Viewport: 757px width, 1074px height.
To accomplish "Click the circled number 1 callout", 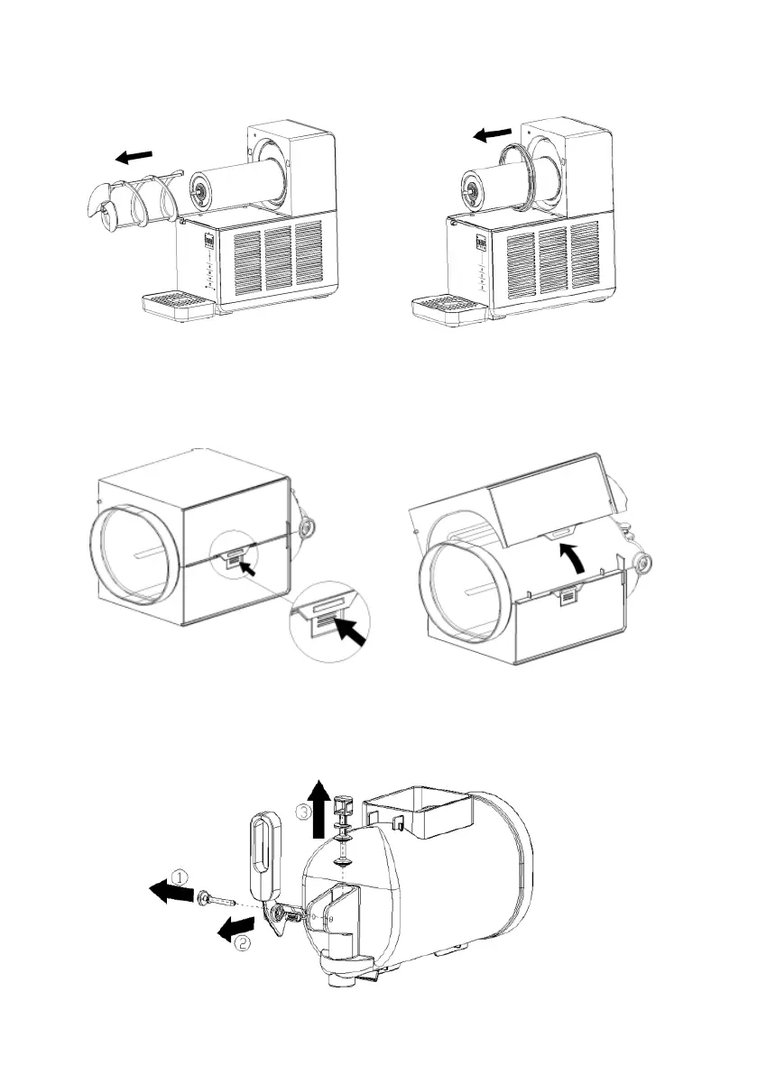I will click(x=181, y=875).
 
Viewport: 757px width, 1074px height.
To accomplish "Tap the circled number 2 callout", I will click(x=242, y=943).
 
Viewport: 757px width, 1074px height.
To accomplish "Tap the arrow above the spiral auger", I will click(x=134, y=156).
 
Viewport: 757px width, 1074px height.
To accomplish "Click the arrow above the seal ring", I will click(x=492, y=134).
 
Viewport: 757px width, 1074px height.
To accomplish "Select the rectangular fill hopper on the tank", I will click(x=420, y=811).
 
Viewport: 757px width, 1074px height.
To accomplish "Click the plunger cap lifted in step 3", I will click(x=342, y=803).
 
